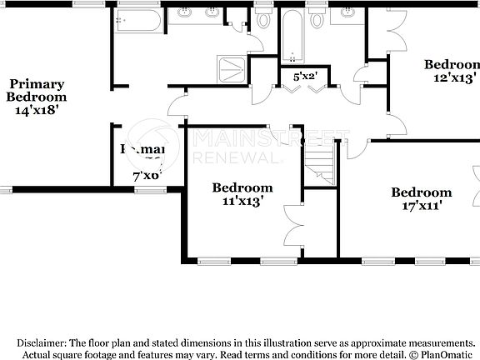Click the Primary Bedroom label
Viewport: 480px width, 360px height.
point(37,90)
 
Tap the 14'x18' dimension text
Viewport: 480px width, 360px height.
point(37,108)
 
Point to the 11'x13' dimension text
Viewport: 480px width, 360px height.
point(242,201)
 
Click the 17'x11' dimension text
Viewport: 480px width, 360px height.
point(421,205)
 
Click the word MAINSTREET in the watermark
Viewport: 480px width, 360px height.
point(271,138)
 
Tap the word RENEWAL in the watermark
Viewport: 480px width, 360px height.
point(233,157)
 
